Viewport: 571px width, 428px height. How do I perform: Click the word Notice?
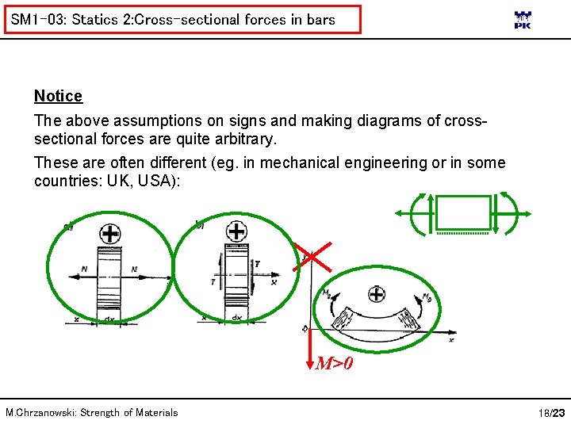[x=58, y=96]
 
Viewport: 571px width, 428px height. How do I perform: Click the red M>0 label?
[x=334, y=365]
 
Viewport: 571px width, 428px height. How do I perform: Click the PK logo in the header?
[x=523, y=20]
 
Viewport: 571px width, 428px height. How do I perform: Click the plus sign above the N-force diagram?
[x=109, y=234]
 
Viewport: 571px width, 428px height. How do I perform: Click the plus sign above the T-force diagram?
[x=236, y=232]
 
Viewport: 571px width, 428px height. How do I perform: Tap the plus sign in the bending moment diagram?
[x=377, y=294]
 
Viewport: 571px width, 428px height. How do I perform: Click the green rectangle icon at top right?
[x=464, y=212]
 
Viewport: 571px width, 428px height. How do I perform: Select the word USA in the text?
[x=161, y=181]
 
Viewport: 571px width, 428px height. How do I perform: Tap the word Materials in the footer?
[x=156, y=412]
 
